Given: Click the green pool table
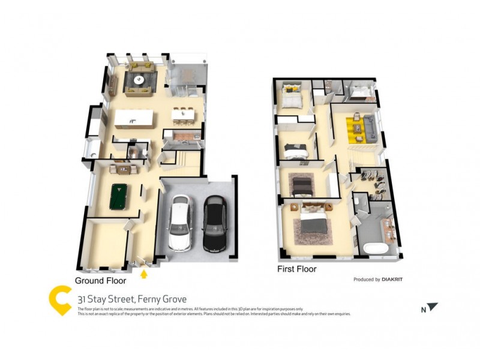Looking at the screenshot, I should (122, 197).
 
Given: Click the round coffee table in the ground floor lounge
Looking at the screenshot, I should (140, 79).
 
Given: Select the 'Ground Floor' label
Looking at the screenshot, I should (100, 281).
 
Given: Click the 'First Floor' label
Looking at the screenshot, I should (296, 269).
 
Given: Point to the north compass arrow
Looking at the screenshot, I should (432, 307).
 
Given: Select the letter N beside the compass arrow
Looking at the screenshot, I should (422, 310).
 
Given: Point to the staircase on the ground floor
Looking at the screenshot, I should (182, 159).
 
